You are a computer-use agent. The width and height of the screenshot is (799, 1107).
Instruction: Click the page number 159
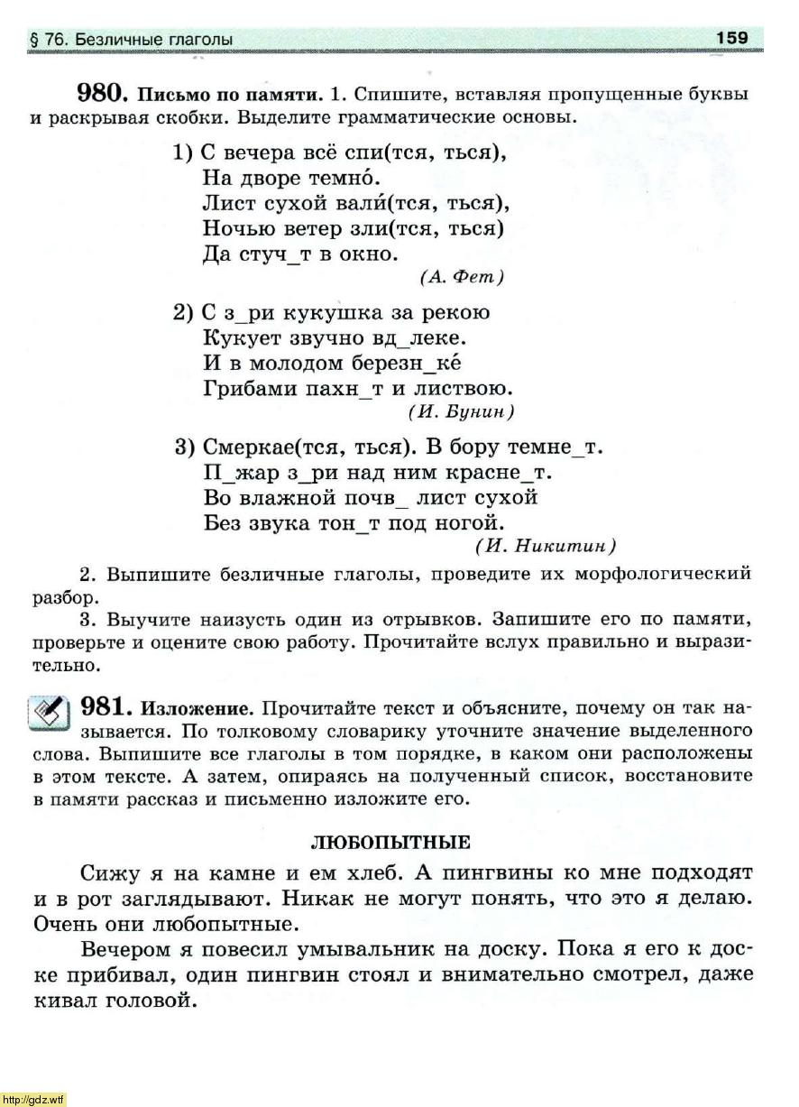(732, 38)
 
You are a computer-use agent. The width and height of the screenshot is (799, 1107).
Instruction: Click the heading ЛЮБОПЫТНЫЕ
(390, 843)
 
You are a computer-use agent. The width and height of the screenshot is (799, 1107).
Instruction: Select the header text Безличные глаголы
(153, 40)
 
